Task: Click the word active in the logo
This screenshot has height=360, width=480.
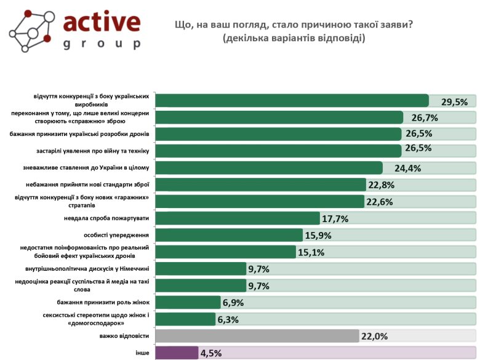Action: point(102,23)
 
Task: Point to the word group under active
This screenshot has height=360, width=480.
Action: point(102,44)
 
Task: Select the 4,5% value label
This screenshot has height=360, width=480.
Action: point(210,353)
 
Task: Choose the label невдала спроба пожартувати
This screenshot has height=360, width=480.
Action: point(106,218)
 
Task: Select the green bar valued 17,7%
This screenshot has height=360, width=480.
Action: point(238,218)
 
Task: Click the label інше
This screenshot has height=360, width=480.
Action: point(143,353)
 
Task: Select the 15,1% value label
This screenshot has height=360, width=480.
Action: point(311,252)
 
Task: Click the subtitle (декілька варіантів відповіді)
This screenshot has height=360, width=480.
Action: point(294,38)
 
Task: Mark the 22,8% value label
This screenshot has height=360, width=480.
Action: point(382,185)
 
